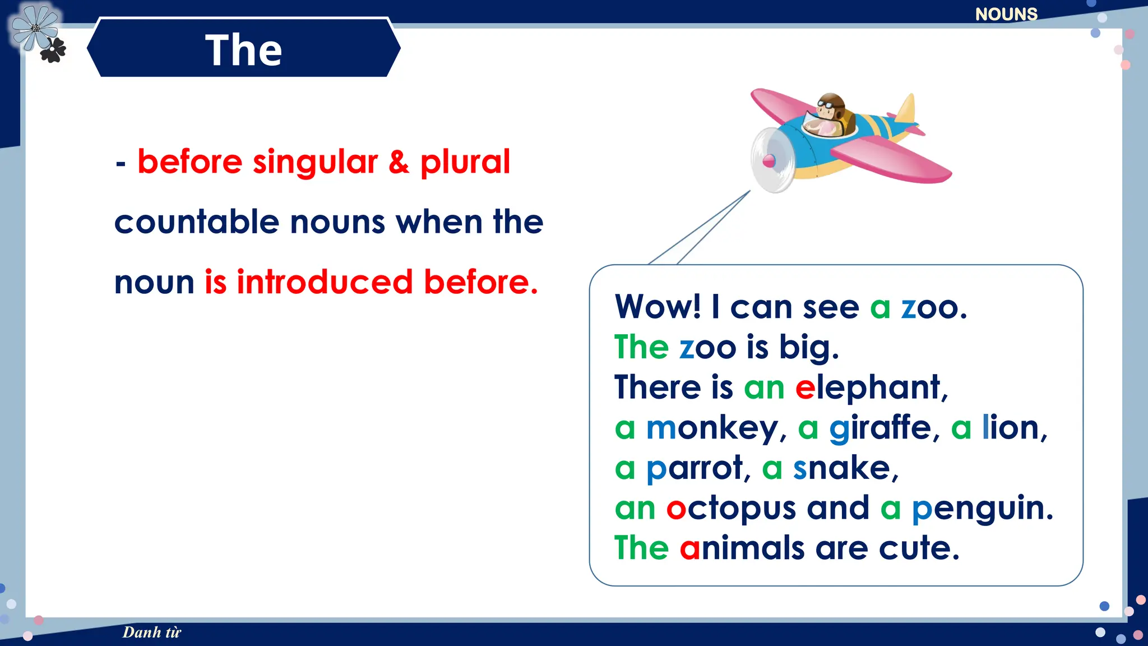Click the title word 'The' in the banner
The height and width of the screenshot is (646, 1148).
click(x=243, y=50)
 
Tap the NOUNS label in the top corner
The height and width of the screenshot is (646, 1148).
click(x=1006, y=14)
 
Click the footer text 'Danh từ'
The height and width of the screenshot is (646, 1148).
click(x=152, y=632)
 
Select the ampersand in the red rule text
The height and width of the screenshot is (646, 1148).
click(x=399, y=162)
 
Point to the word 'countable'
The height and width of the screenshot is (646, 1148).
click(x=197, y=222)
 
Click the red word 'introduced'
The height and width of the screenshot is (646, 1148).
click(x=325, y=282)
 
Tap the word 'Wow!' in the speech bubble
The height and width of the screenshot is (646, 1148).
click(x=658, y=307)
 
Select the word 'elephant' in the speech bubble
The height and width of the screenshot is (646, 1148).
click(x=871, y=387)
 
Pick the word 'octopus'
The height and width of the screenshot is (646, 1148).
click(x=731, y=509)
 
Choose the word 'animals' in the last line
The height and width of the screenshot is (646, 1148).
click(x=742, y=548)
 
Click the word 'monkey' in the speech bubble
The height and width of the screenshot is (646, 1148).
click(x=712, y=429)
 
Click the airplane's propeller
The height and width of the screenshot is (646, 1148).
click(x=771, y=160)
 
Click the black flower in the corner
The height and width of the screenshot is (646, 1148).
click(x=53, y=50)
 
